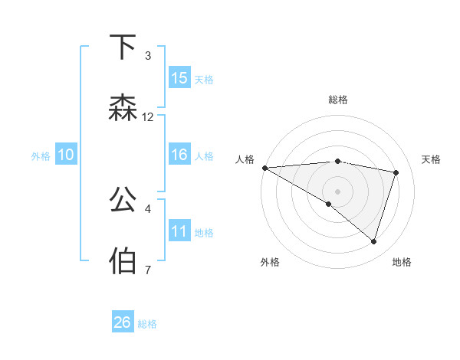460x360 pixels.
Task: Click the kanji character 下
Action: click(x=123, y=47)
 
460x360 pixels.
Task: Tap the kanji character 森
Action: click(x=123, y=109)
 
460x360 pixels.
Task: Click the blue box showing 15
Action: click(x=179, y=78)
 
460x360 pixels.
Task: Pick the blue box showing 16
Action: click(x=179, y=155)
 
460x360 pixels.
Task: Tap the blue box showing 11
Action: click(x=179, y=231)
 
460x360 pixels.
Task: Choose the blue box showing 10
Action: click(x=66, y=155)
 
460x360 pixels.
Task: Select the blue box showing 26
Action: click(x=123, y=322)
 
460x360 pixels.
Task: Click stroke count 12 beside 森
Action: click(x=148, y=117)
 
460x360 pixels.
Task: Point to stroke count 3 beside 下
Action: click(x=148, y=56)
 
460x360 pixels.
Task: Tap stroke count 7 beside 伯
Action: click(x=148, y=269)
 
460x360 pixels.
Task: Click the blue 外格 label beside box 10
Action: click(x=41, y=156)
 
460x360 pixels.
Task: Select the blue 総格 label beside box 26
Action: click(x=147, y=324)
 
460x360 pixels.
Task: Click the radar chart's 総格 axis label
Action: click(x=338, y=100)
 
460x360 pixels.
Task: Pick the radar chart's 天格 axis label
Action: click(x=432, y=159)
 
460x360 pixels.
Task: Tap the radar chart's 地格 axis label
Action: click(x=402, y=262)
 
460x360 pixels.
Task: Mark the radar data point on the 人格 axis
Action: click(x=264, y=168)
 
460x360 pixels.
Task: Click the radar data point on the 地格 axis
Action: click(x=373, y=242)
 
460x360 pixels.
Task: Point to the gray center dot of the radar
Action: click(x=337, y=190)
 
